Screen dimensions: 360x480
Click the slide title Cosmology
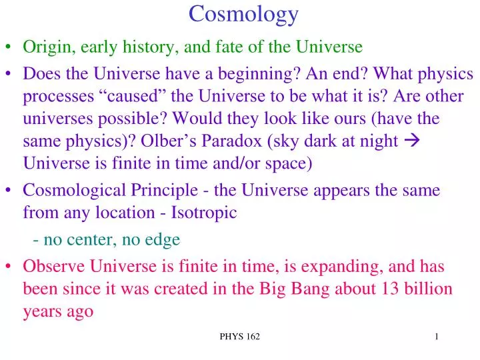(x=243, y=13)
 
